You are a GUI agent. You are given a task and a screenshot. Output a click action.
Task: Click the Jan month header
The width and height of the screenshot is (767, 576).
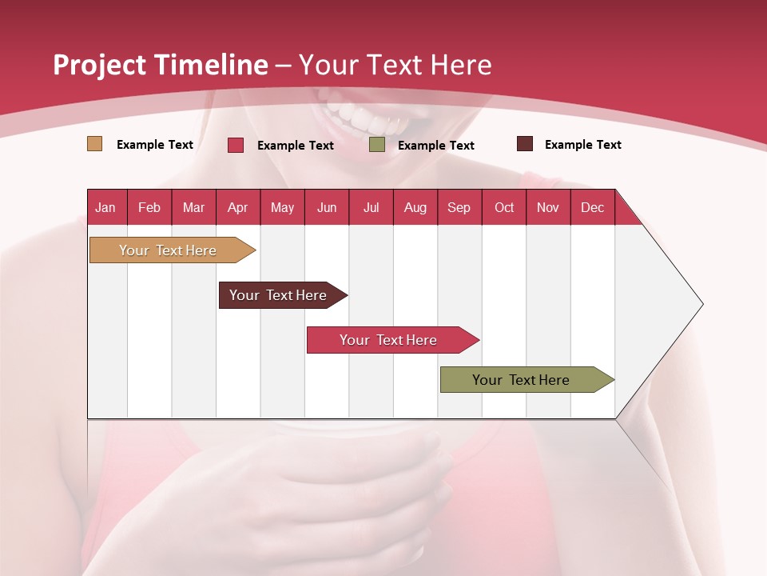[105, 207]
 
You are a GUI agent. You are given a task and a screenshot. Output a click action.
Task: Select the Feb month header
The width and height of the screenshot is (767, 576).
[149, 207]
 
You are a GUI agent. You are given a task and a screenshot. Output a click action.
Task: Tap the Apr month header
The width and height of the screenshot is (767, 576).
[237, 207]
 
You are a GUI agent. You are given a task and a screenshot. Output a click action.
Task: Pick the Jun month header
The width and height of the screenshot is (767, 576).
[327, 207]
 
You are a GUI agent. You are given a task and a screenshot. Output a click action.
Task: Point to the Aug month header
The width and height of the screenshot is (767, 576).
[415, 207]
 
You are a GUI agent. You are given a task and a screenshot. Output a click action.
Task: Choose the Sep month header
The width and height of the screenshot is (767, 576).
[459, 207]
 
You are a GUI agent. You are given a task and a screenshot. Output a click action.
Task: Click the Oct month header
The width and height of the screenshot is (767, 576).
[504, 207]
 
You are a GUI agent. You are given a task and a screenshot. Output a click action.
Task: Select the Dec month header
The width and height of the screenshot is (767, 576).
[592, 207]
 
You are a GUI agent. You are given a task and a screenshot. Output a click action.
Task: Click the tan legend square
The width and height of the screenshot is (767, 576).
[94, 144]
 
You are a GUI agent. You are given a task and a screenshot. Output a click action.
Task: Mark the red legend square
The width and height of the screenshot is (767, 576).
[236, 145]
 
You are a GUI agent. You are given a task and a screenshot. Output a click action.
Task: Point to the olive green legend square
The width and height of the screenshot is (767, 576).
[377, 145]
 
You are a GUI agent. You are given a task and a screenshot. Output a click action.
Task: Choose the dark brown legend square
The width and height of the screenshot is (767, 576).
[525, 144]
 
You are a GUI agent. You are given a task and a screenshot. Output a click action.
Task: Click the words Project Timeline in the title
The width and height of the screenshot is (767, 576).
[161, 65]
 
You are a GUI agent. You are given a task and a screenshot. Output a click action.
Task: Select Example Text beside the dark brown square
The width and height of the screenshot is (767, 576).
[582, 145]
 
